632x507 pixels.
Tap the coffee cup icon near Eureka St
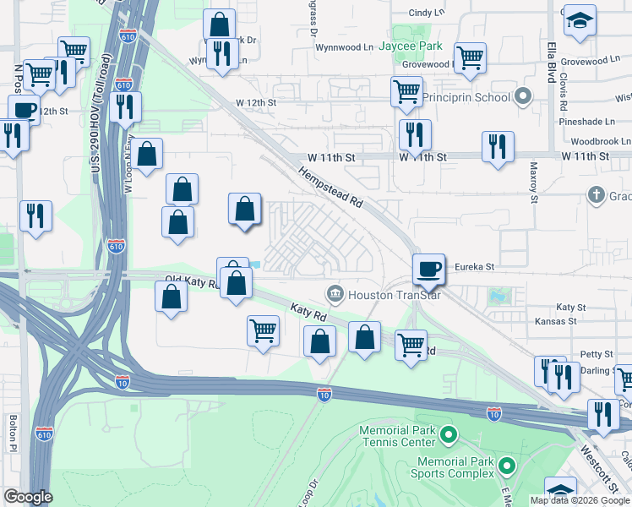pos(429,269)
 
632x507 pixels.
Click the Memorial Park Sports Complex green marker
pos(507,466)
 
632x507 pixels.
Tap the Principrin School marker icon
pos(523,97)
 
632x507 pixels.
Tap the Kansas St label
pos(556,321)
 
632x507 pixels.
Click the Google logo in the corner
pos(28,497)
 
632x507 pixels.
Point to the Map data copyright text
pos(580,500)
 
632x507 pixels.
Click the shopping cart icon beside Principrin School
pos(407,91)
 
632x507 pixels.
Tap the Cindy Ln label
pos(426,13)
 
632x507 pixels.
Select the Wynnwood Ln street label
pos(344,47)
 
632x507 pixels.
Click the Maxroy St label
pos(534,183)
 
